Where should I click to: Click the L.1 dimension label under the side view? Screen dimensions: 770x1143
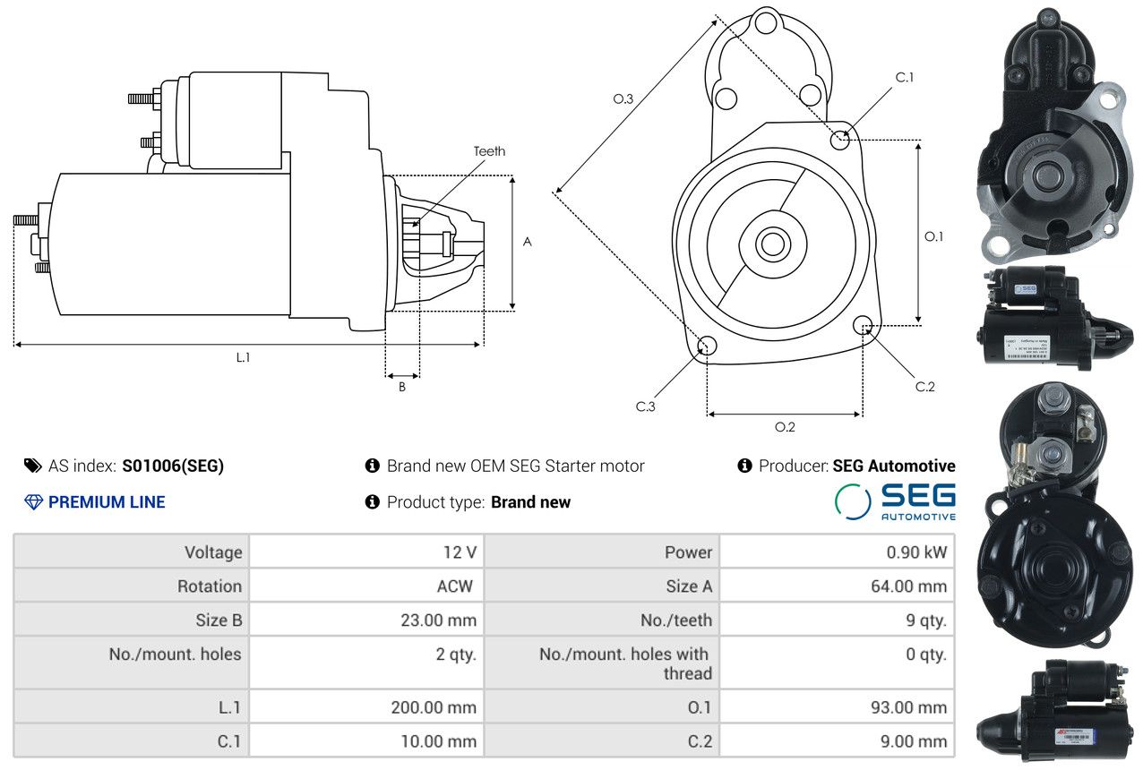point(243,357)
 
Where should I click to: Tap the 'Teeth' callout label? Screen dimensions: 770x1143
point(489,151)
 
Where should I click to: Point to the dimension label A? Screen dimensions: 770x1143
point(528,242)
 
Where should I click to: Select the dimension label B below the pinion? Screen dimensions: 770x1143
point(402,387)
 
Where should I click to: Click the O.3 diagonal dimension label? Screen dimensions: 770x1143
point(623,98)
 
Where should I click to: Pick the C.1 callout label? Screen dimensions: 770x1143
point(905,77)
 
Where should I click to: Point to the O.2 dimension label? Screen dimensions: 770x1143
point(785,427)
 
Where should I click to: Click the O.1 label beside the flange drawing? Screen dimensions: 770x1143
point(933,236)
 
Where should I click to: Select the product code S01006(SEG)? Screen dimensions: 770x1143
point(173,466)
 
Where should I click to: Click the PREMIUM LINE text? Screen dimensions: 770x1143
point(107,502)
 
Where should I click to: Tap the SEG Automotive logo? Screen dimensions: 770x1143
point(895,501)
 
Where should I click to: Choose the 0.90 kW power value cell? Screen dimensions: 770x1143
point(916,552)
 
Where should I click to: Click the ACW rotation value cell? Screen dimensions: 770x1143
point(454,586)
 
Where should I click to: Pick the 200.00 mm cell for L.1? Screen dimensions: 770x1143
point(434,707)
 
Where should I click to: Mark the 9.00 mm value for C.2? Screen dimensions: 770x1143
point(916,741)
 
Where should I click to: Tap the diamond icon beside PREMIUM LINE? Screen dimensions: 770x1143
point(33,502)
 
